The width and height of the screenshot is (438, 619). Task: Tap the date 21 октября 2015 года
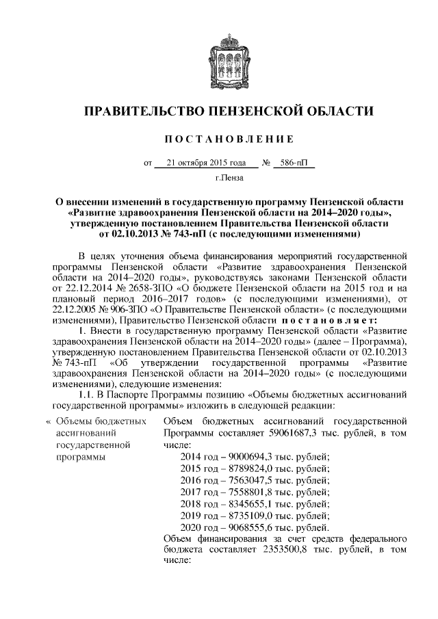pos(206,163)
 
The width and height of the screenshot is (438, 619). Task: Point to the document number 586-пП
pos(291,163)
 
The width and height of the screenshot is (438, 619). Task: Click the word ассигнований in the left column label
pos(86,433)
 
